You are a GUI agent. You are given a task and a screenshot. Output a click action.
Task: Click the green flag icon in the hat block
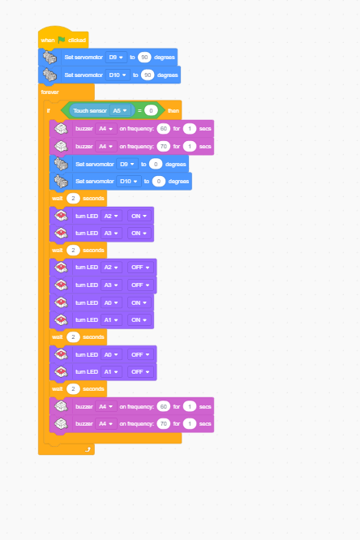click(x=62, y=40)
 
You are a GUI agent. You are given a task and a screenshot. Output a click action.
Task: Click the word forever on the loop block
click(x=50, y=92)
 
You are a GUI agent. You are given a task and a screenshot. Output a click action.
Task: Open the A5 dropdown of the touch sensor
click(x=120, y=110)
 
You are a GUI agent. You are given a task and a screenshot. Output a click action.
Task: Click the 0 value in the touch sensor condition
click(x=151, y=110)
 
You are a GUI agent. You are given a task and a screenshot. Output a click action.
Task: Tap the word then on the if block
click(x=174, y=110)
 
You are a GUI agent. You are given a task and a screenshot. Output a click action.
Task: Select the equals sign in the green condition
click(x=139, y=110)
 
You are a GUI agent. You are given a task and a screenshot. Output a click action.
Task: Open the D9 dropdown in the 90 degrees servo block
click(x=116, y=58)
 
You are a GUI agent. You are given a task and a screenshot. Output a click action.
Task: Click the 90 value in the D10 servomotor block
click(x=148, y=75)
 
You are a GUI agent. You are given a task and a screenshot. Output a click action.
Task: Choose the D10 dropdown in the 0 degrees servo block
click(x=128, y=181)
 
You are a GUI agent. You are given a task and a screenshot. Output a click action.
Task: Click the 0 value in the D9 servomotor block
click(x=156, y=165)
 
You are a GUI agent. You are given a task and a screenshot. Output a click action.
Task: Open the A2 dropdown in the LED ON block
click(x=111, y=216)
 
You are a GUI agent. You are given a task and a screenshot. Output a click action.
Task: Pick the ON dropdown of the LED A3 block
click(x=139, y=234)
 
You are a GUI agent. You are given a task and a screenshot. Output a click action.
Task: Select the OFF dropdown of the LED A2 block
click(x=140, y=268)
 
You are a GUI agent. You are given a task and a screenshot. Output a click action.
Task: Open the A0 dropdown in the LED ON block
click(x=111, y=302)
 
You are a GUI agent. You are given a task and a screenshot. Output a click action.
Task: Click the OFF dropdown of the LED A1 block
click(x=140, y=371)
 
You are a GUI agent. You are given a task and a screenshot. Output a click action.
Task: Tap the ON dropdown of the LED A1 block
click(x=139, y=319)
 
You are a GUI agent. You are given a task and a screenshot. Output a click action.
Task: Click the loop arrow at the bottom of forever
click(x=88, y=449)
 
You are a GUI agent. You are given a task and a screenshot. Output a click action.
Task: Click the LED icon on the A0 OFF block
click(x=61, y=354)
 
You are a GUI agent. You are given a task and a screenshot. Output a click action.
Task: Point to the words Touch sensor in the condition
click(x=90, y=110)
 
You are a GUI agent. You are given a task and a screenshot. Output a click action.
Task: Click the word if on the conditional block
click(x=48, y=110)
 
